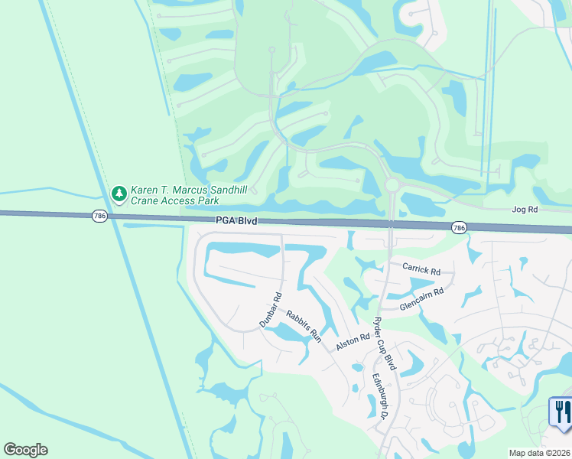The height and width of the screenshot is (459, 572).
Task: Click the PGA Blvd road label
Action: [236, 221]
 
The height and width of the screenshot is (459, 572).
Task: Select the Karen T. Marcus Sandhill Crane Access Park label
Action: [176, 195]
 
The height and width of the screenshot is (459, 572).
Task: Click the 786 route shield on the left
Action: [99, 216]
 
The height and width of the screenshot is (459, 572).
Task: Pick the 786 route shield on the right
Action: [459, 227]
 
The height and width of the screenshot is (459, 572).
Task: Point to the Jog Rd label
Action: [525, 209]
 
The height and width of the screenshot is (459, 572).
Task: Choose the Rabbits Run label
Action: [304, 326]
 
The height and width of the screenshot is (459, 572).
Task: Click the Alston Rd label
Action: [349, 342]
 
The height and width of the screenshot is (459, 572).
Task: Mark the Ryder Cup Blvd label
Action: [384, 343]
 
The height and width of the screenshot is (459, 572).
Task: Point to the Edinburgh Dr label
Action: [378, 395]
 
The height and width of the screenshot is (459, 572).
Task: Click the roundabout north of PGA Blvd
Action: [392, 185]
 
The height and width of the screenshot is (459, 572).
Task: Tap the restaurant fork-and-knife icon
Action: [562, 412]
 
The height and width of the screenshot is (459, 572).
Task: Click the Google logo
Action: [25, 450]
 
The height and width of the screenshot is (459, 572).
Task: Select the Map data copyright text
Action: [539, 453]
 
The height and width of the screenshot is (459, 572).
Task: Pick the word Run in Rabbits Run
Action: [316, 336]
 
